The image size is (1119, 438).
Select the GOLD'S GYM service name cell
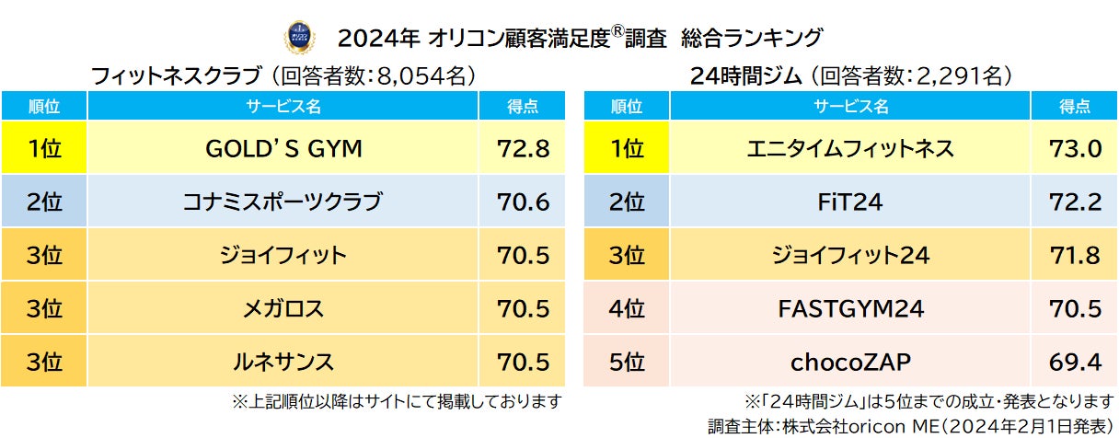tap(283, 148)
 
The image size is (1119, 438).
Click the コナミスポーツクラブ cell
tap(283, 202)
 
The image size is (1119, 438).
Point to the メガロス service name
tap(283, 308)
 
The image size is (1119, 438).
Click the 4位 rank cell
tap(627, 308)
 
